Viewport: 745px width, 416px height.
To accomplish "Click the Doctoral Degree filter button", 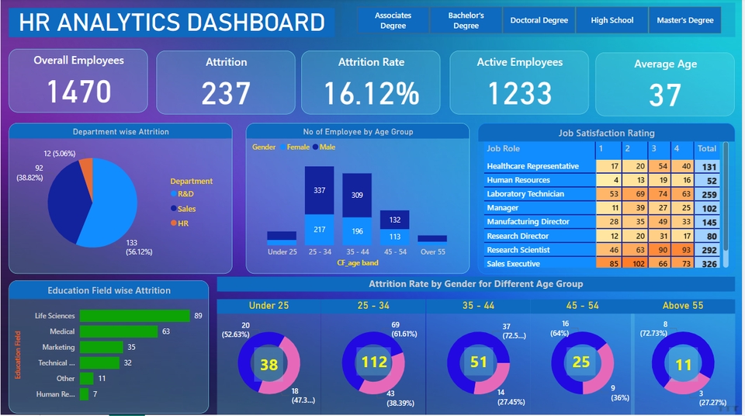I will pos(539,20).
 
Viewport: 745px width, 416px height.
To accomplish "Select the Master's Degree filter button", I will pos(684,20).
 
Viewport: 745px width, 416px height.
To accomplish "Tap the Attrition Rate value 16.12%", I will pos(372,93).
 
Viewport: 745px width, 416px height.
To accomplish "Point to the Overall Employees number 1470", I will pos(78,92).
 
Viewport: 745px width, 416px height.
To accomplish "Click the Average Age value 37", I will pos(665,95).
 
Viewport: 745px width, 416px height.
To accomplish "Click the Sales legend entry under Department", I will pos(186,209).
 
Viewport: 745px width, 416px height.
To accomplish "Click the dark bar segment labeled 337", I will pos(319,190).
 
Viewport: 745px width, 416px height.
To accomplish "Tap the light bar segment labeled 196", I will pos(358,231).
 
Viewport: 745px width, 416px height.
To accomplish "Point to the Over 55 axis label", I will pos(432,252).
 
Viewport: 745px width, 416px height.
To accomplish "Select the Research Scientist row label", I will pos(518,250).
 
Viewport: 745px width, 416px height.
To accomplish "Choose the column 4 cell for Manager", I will pos(683,208).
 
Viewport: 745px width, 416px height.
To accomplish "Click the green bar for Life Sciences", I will pos(135,316).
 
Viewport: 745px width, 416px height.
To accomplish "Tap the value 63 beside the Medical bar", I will pos(165,331).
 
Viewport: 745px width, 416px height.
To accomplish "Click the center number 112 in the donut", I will pos(374,362).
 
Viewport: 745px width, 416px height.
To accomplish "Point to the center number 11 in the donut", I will pos(683,365).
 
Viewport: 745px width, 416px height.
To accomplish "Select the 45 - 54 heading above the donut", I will pos(582,306).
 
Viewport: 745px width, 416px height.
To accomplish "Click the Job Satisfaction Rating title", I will pos(606,133).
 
